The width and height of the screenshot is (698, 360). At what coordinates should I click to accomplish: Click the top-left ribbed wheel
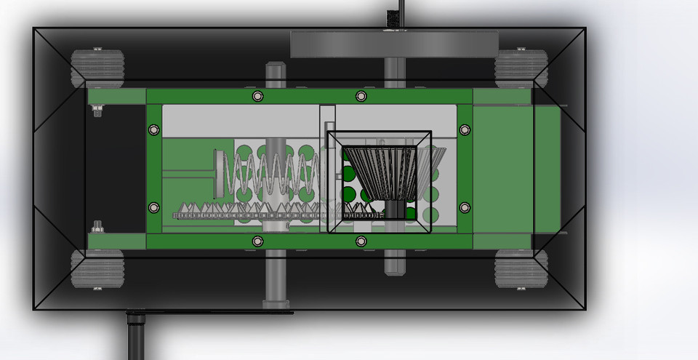pos(97,67)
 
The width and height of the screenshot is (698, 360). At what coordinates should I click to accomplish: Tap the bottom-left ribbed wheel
pos(97,269)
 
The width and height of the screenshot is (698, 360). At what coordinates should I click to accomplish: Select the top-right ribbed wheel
pos(521,67)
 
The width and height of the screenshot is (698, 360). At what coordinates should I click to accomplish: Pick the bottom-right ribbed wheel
pos(521,269)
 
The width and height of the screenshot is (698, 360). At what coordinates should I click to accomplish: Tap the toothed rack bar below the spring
pos(276,214)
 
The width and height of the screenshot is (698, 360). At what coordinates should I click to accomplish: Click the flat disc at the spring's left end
pos(217,173)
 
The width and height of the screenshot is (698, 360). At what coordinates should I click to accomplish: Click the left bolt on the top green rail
pos(257,96)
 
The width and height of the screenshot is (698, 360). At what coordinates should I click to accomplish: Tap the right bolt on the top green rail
pos(361,96)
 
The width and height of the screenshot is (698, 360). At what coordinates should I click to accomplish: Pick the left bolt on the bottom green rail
pos(257,241)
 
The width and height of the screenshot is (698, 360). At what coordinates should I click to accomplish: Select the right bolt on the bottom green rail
pos(361,241)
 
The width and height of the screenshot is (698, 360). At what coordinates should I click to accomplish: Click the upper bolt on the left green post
pos(153,129)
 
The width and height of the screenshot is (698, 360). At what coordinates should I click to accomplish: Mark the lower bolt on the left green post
pos(153,207)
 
